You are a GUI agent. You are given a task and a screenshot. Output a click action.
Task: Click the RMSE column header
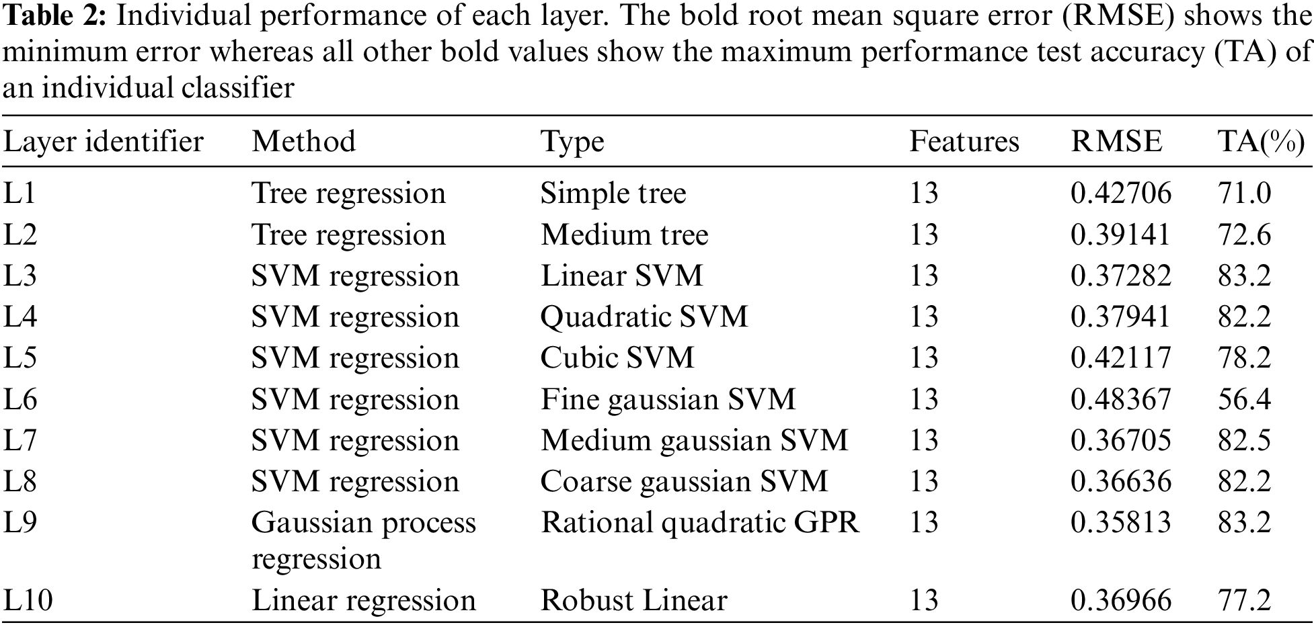coord(1116,142)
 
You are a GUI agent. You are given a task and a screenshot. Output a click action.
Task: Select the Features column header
coord(964,142)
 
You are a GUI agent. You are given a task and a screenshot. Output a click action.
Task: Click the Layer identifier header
coord(104,142)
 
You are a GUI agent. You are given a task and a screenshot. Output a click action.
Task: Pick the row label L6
coord(20,400)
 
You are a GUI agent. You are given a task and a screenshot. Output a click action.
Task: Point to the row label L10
coord(28,601)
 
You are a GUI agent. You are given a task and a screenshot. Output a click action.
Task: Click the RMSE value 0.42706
coord(1120,194)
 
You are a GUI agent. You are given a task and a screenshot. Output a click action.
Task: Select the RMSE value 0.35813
coord(1120,523)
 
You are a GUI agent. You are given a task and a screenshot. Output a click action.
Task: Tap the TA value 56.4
coord(1244,400)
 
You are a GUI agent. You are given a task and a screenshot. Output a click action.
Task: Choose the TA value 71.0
coord(1244,194)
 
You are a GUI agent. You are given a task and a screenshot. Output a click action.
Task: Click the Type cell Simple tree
coord(613,194)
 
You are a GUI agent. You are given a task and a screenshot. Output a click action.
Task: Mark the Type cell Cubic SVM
coord(617,358)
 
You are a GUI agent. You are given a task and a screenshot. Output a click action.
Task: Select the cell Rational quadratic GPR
coord(700,523)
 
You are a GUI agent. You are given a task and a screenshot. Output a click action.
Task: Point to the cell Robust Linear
coord(633,601)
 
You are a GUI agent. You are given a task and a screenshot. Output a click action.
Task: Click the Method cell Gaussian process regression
coord(363,540)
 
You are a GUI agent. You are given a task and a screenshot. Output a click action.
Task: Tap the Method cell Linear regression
coord(363,601)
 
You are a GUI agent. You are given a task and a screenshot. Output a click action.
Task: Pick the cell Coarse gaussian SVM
coord(684,482)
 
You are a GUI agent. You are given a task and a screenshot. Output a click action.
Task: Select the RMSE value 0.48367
coord(1120,400)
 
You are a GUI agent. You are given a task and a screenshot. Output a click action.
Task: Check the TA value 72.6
coord(1244,235)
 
